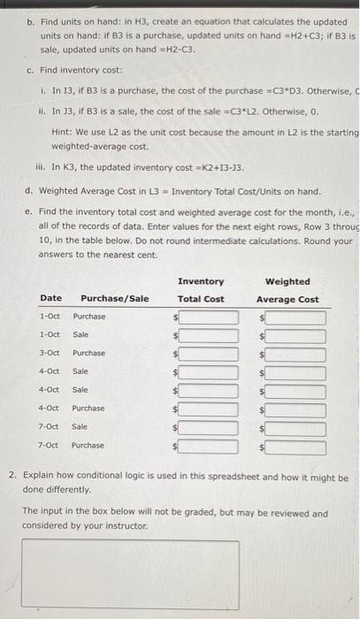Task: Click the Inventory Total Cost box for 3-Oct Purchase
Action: click(209, 354)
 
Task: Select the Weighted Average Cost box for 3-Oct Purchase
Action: click(296, 354)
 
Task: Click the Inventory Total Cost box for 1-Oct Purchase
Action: click(209, 317)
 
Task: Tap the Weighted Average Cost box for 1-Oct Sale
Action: click(296, 335)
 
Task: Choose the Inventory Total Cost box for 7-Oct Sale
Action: click(209, 428)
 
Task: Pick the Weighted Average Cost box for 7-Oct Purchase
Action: click(296, 447)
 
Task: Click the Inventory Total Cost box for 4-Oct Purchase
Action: click(209, 409)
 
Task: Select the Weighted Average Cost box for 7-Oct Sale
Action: click(296, 428)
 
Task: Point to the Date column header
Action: click(50, 299)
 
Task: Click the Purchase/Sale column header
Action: click(115, 299)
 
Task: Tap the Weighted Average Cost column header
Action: click(287, 290)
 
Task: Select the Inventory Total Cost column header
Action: click(201, 290)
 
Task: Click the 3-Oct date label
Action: click(50, 354)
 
